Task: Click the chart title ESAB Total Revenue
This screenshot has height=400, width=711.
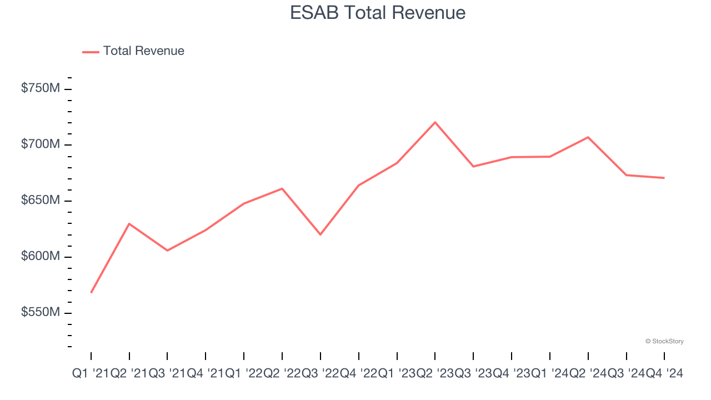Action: (x=378, y=13)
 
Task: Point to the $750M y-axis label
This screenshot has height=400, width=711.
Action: (x=40, y=88)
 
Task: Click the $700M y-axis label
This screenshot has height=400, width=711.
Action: (x=40, y=144)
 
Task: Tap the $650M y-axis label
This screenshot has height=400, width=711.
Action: (x=40, y=201)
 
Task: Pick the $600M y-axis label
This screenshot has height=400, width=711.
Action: (x=40, y=257)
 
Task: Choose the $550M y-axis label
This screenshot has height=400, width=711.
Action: (x=40, y=313)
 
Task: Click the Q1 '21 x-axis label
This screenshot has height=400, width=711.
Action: (x=91, y=374)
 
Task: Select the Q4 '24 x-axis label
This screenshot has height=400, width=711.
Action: (x=664, y=374)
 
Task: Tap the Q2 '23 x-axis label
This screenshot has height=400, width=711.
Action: (x=435, y=374)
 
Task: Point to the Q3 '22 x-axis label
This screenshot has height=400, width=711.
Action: (x=321, y=374)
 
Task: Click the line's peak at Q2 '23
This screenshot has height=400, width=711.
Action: (x=435, y=122)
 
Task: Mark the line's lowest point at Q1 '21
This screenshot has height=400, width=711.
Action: (x=91, y=292)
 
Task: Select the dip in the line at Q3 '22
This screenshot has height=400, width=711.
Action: (x=321, y=234)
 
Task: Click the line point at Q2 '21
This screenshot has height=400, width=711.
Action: (x=129, y=224)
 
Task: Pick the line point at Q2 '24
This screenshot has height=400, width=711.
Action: (x=588, y=137)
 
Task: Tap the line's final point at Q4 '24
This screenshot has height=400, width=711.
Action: (x=664, y=178)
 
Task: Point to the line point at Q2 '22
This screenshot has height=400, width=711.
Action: (x=282, y=189)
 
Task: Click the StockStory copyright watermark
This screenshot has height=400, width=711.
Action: (x=664, y=341)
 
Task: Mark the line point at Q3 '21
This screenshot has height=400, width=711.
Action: (x=167, y=251)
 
